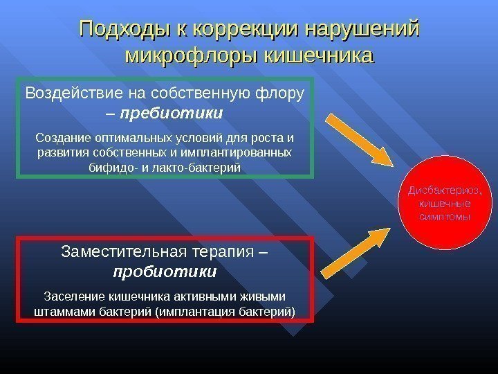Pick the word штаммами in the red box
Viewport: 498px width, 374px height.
(61, 311)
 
